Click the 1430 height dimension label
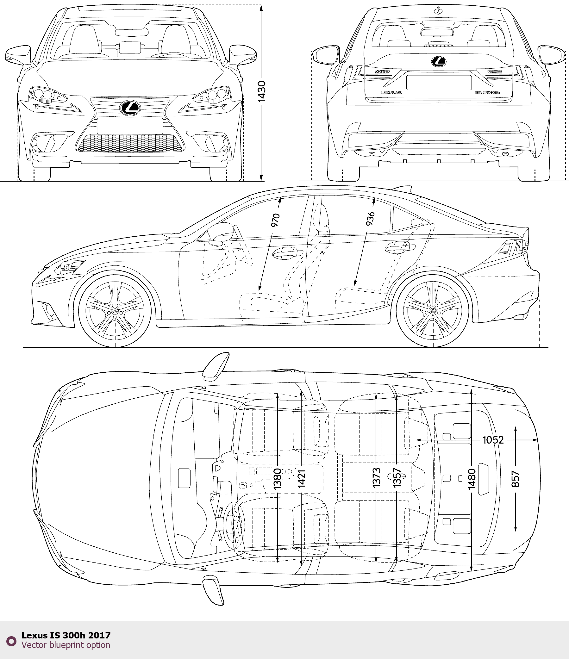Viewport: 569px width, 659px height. click(261, 92)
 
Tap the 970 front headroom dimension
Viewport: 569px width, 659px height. click(275, 220)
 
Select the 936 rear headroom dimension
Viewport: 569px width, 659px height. click(370, 219)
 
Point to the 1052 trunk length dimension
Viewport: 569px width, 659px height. click(493, 440)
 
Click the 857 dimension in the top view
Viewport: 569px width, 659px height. click(515, 479)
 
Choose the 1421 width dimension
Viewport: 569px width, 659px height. click(302, 479)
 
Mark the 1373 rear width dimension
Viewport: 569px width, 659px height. click(376, 478)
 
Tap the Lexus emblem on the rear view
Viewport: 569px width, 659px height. click(439, 62)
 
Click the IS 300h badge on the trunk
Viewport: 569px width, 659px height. click(487, 93)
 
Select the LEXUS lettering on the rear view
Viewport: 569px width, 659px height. click(391, 93)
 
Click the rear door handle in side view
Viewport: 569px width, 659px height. click(399, 247)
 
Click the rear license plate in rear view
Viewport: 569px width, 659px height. click(439, 83)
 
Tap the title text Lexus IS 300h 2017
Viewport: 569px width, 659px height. click(66, 635)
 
